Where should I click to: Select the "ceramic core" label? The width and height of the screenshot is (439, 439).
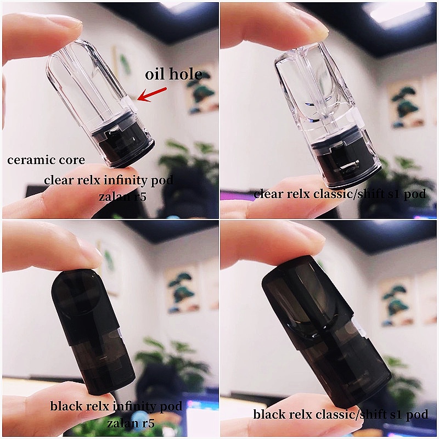(x=46, y=160)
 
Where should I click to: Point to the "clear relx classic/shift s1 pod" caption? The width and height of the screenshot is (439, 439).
(x=340, y=194)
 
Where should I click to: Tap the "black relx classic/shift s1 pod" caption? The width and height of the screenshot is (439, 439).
(x=340, y=415)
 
